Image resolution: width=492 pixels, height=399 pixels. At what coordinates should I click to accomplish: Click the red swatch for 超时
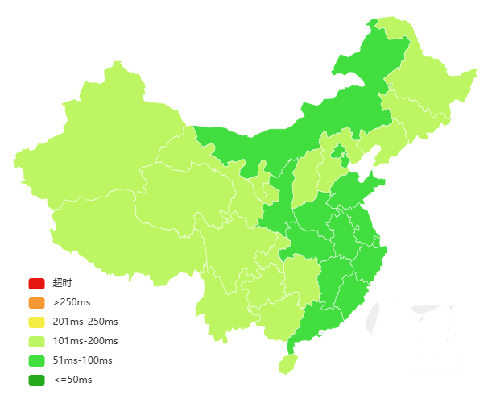click(x=36, y=283)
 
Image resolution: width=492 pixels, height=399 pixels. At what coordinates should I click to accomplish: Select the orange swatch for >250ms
click(x=36, y=302)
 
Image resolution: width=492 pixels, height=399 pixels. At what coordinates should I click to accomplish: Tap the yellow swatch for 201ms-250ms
click(x=36, y=322)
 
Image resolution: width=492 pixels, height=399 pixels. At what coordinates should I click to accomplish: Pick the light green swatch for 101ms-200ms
click(x=36, y=341)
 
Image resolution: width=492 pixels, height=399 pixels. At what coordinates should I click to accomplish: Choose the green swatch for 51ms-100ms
click(x=36, y=360)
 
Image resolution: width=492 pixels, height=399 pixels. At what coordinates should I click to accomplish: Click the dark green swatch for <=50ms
click(x=36, y=380)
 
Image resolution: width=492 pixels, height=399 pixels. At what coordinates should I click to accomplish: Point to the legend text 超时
click(x=62, y=283)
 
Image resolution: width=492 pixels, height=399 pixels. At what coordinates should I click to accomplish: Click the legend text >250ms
click(x=72, y=302)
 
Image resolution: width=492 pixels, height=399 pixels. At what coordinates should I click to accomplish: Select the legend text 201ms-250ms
click(x=85, y=322)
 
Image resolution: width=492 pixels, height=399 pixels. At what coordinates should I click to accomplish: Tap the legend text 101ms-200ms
click(x=85, y=341)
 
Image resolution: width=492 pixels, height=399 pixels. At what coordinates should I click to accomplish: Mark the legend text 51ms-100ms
click(x=82, y=360)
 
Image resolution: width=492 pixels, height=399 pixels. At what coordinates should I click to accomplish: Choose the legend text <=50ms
click(x=72, y=380)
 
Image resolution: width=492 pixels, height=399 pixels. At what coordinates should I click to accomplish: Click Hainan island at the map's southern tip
click(x=287, y=364)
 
